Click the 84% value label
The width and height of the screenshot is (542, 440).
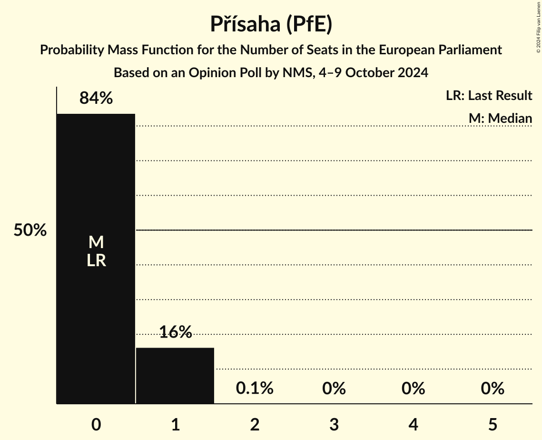96,98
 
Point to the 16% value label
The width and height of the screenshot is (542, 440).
175,332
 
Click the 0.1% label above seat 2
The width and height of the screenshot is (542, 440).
255,389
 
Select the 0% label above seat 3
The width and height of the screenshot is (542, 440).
334,389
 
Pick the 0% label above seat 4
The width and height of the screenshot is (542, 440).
413,389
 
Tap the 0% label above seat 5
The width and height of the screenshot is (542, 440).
492,389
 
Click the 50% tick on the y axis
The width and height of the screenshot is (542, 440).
30,230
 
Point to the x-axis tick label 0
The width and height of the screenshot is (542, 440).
96,424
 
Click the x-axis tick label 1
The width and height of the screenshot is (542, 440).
175,424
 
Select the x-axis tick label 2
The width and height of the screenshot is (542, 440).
255,424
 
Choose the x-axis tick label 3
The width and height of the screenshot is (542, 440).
334,424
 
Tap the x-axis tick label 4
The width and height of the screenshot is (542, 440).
413,424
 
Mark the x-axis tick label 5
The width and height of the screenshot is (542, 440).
492,424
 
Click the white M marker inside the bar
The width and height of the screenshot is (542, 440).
96,242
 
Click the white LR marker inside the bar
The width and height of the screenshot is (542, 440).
96,260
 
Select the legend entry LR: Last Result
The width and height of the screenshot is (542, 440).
489,96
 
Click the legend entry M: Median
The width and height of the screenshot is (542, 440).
500,118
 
